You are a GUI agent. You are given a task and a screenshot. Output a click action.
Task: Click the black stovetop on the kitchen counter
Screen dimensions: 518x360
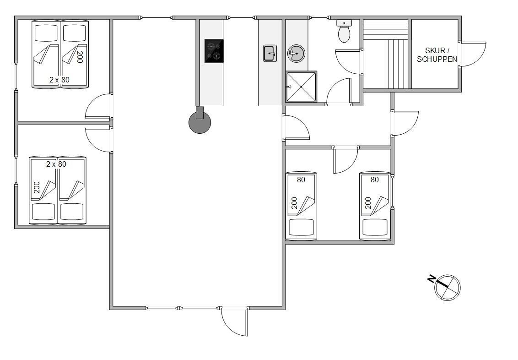[214, 51]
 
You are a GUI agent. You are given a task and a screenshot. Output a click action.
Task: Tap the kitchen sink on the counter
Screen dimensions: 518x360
[270, 53]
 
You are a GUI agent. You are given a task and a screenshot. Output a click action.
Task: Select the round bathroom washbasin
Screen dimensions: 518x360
[296, 53]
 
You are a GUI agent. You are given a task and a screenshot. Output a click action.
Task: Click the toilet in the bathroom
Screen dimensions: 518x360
[344, 31]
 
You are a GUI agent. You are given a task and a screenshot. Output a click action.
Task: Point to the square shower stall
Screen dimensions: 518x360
[301, 87]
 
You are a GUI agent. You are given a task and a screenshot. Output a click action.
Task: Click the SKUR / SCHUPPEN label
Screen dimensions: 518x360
[437, 55]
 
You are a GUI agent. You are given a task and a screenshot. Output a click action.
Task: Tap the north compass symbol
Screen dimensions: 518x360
[448, 287]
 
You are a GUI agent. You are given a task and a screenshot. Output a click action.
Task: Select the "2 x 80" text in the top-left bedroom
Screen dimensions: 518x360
[59, 80]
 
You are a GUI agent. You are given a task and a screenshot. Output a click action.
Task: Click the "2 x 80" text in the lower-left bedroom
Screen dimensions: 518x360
[56, 164]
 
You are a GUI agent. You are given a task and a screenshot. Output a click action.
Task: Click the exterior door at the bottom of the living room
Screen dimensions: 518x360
[234, 322]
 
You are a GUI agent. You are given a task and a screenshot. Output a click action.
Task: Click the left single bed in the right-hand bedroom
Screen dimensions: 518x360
[301, 206]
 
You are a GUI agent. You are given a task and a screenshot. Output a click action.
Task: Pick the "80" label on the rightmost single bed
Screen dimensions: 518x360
[375, 180]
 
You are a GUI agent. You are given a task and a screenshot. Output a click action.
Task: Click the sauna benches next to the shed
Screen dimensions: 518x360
[386, 54]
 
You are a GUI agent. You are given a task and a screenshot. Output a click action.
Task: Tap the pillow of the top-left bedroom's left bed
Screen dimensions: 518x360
[46, 33]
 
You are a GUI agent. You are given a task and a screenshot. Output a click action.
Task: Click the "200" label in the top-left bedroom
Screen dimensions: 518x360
[80, 57]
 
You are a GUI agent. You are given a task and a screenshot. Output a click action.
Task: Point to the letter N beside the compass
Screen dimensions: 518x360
[431, 279]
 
